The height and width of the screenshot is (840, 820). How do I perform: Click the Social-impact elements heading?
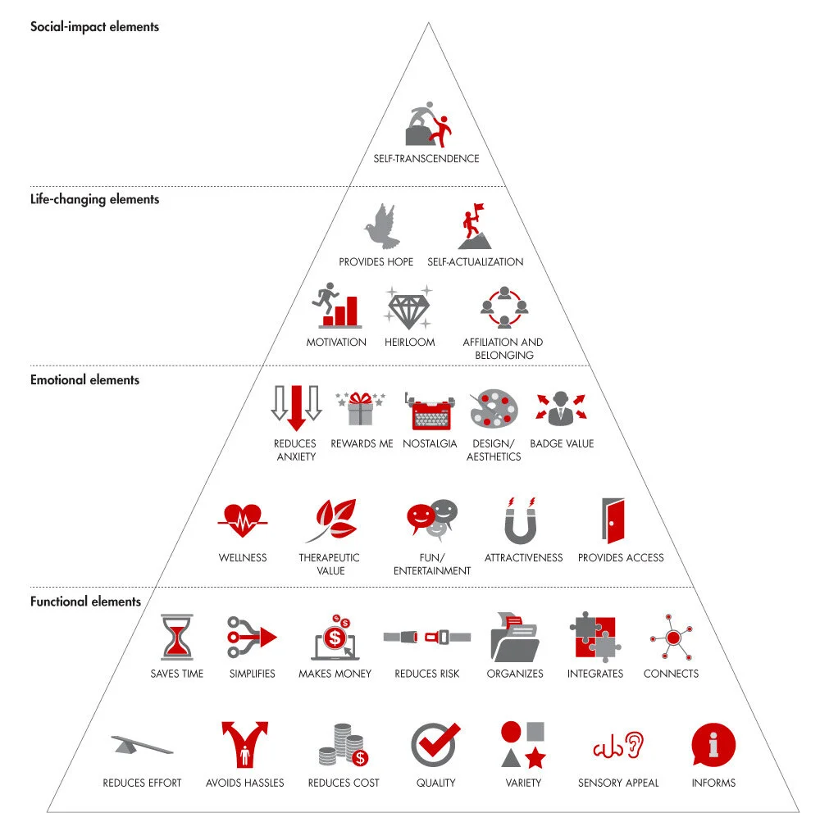coord(94,27)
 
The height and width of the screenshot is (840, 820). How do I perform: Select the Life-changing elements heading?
coord(94,199)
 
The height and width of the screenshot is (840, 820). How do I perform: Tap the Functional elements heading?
coord(85,602)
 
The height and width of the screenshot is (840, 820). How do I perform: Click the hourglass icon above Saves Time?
coord(177,638)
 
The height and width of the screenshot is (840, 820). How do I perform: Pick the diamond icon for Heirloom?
coord(409,309)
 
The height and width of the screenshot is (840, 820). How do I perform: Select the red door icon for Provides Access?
coord(614,520)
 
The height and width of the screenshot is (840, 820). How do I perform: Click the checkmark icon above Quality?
coord(435,744)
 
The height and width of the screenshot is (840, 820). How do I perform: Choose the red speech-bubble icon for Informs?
coord(713,744)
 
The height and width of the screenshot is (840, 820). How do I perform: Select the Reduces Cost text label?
coord(344,783)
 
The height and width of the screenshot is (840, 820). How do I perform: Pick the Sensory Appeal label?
coord(617,783)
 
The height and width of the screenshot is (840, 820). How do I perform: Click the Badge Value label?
coord(562,443)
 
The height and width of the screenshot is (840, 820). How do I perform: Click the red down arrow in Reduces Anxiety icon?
coord(296,406)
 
